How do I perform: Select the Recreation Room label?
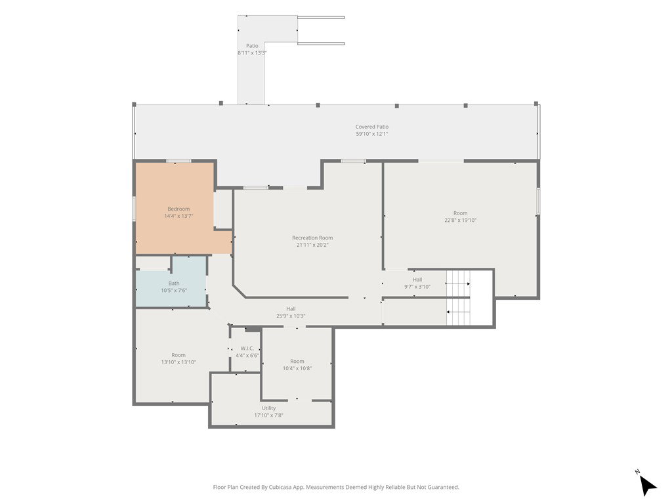[312, 238]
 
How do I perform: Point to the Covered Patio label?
[372, 127]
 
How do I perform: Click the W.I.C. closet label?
[247, 348]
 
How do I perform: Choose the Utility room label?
[268, 408]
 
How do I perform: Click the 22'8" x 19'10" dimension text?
[460, 220]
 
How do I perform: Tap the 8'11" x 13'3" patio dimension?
[252, 53]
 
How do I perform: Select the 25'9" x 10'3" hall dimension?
[291, 316]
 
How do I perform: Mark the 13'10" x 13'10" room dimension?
[178, 362]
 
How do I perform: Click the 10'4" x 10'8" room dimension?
[297, 369]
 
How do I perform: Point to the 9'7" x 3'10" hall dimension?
[417, 287]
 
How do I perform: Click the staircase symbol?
[458, 297]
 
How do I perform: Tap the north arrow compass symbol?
[648, 485]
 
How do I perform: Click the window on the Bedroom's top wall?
[178, 161]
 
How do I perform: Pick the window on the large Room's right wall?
[538, 201]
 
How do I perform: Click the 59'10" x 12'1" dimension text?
[372, 134]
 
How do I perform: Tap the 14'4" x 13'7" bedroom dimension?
[178, 217]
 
